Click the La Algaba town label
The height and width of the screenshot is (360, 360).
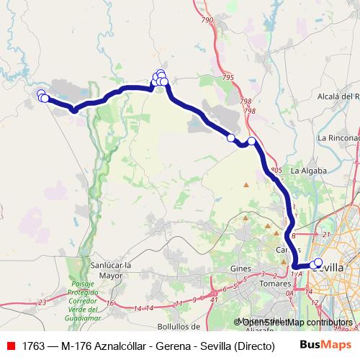point(309,171)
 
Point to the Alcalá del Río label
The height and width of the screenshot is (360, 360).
point(338,96)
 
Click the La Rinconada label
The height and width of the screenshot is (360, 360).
point(338,137)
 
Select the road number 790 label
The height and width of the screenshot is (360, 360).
point(208,20)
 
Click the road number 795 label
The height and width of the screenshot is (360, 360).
point(228,77)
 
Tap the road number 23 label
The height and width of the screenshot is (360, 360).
point(42,302)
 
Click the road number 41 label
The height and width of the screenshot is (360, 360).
point(215,300)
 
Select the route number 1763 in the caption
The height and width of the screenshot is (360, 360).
point(33,346)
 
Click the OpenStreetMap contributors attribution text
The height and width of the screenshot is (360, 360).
point(295,323)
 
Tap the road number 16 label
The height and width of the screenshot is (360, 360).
point(110,303)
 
